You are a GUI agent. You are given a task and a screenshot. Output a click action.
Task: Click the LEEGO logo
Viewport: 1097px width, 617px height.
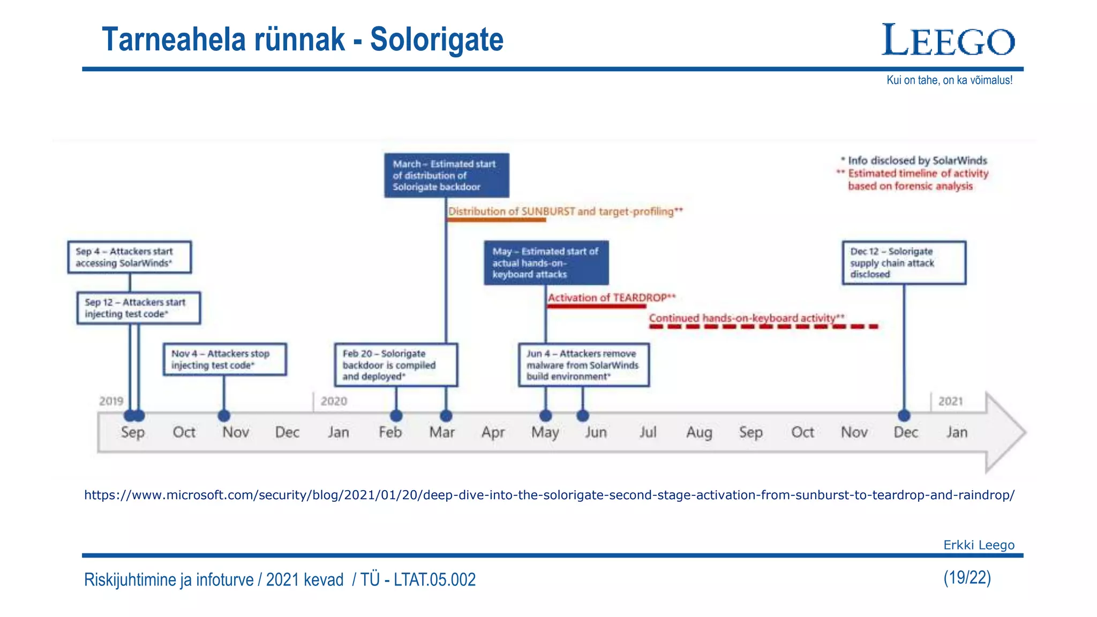point(948,40)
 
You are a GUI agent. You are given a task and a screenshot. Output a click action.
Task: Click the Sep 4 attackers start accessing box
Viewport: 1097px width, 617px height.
point(130,257)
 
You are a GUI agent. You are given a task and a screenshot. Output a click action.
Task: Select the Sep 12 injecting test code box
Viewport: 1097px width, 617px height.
point(139,308)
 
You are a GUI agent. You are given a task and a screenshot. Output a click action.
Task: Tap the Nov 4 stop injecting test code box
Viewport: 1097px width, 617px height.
point(225,359)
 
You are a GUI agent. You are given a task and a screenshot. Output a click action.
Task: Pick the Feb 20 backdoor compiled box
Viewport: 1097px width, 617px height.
point(396,365)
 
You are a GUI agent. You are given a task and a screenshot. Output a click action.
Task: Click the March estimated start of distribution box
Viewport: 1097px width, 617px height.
point(446,175)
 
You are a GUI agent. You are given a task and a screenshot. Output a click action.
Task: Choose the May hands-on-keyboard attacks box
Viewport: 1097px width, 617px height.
point(546,262)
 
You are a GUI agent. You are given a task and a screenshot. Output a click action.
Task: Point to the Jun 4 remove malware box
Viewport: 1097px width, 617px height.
point(584,365)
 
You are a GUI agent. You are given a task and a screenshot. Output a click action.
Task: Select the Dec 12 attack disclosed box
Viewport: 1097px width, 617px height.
point(904,262)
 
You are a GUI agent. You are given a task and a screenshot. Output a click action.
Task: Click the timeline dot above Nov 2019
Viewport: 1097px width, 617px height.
point(224,416)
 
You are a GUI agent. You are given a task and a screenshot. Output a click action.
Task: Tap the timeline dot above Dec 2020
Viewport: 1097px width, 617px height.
point(904,416)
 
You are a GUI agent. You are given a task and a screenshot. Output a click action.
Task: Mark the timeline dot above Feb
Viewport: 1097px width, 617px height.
point(396,416)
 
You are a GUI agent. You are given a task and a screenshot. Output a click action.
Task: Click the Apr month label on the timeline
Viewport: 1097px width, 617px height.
point(493,432)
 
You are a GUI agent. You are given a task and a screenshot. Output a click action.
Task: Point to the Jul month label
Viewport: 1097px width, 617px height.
point(648,432)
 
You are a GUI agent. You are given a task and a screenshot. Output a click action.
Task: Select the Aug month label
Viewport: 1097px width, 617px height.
point(699,432)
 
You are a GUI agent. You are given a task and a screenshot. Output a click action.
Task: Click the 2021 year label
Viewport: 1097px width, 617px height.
point(950,401)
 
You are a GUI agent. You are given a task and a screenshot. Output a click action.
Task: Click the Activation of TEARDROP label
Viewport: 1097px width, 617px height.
point(611,298)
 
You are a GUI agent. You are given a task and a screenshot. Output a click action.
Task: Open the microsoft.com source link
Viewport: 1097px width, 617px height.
point(549,495)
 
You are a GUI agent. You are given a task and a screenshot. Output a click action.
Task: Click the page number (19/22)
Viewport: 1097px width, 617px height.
point(967,577)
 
